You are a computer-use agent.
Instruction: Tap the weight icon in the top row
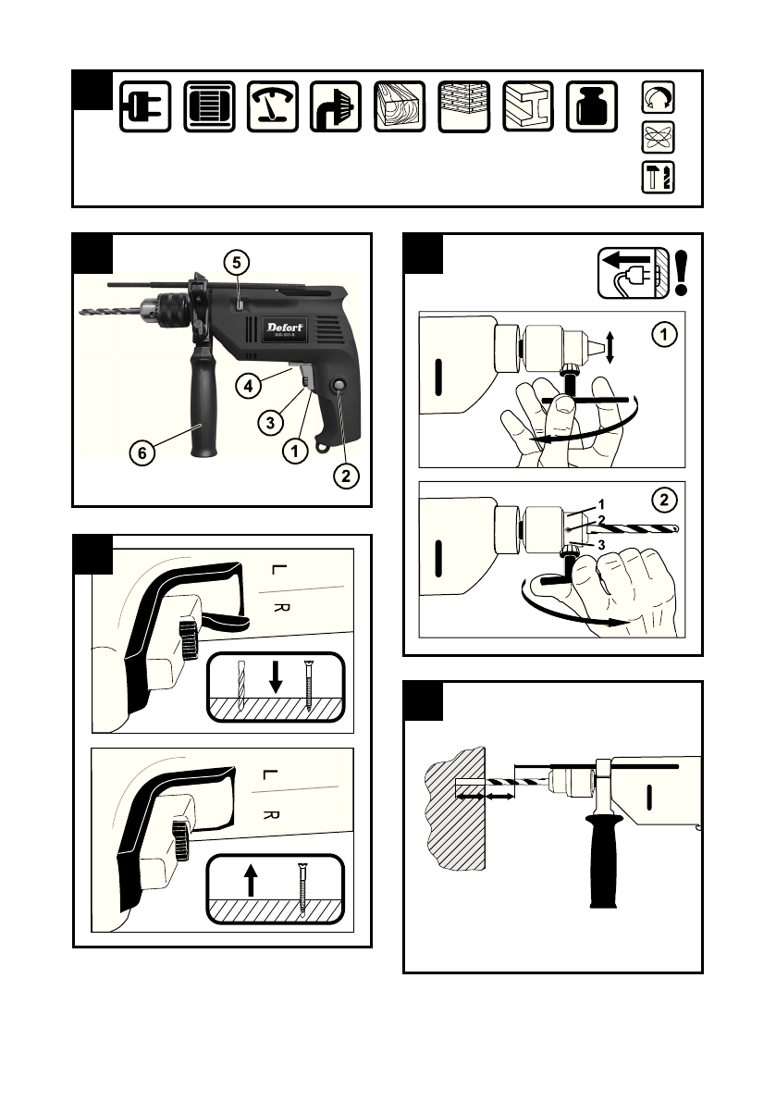592,106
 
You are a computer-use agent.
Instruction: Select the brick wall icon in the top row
464,106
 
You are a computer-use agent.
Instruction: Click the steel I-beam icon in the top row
528,106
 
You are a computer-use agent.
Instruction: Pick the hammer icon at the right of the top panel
658,176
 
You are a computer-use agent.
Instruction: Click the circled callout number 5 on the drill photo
236,262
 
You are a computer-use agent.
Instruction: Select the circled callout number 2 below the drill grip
344,477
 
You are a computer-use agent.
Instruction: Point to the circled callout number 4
245,388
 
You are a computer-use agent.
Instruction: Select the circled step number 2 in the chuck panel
662,501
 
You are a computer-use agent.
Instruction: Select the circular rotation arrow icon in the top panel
658,97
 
